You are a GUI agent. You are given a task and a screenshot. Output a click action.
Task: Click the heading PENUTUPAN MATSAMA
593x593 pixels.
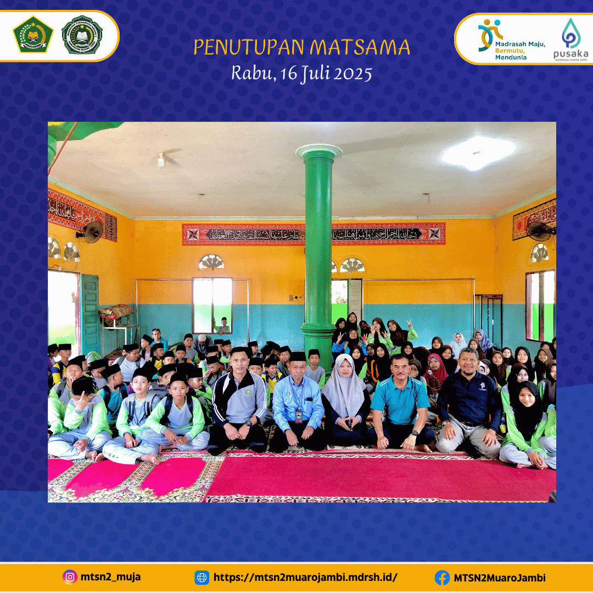[301, 48]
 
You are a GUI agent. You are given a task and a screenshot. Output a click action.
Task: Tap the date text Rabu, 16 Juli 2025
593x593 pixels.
[301, 73]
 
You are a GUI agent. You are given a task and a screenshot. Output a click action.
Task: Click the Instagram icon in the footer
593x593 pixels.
[70, 577]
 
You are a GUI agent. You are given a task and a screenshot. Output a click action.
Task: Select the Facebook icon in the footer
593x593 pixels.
[442, 578]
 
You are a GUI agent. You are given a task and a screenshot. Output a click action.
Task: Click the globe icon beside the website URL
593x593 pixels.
[202, 578]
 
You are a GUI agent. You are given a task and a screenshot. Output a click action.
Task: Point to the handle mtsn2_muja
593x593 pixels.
[110, 577]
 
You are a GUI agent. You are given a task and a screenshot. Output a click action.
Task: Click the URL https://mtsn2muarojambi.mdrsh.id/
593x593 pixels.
[305, 578]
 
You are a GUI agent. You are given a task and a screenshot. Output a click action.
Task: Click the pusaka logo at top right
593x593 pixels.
[570, 38]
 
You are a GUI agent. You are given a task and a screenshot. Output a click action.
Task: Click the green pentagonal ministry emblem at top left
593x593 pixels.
[33, 35]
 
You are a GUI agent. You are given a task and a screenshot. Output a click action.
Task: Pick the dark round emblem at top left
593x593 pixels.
[82, 35]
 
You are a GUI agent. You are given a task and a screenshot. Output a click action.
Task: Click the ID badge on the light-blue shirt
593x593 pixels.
[299, 415]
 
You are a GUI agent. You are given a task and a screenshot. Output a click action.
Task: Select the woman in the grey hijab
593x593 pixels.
[344, 401]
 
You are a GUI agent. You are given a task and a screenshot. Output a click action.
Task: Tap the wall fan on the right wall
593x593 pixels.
[539, 231]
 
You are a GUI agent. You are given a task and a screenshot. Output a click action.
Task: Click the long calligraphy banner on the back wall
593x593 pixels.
[314, 234]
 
